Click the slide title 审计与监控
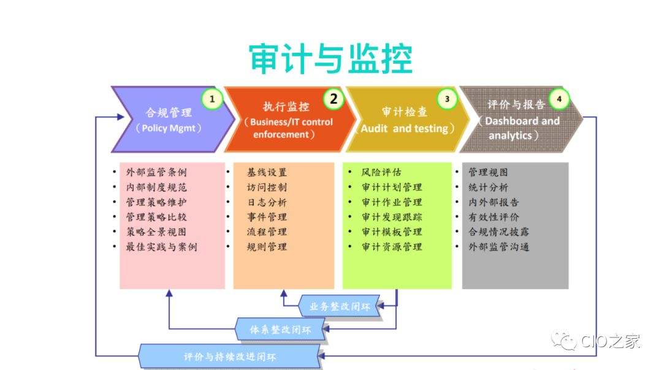click(330, 60)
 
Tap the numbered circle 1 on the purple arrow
click(212, 99)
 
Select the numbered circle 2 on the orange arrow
click(333, 99)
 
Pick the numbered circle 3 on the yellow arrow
click(447, 99)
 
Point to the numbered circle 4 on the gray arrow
click(558, 99)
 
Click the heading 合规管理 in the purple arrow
click(169, 113)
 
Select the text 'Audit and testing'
click(405, 128)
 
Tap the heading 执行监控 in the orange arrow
click(286, 107)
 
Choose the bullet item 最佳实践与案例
click(161, 247)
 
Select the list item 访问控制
click(267, 187)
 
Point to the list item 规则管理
click(267, 247)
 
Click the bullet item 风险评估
click(381, 172)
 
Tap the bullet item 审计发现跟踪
click(391, 217)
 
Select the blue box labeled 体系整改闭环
click(281, 330)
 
